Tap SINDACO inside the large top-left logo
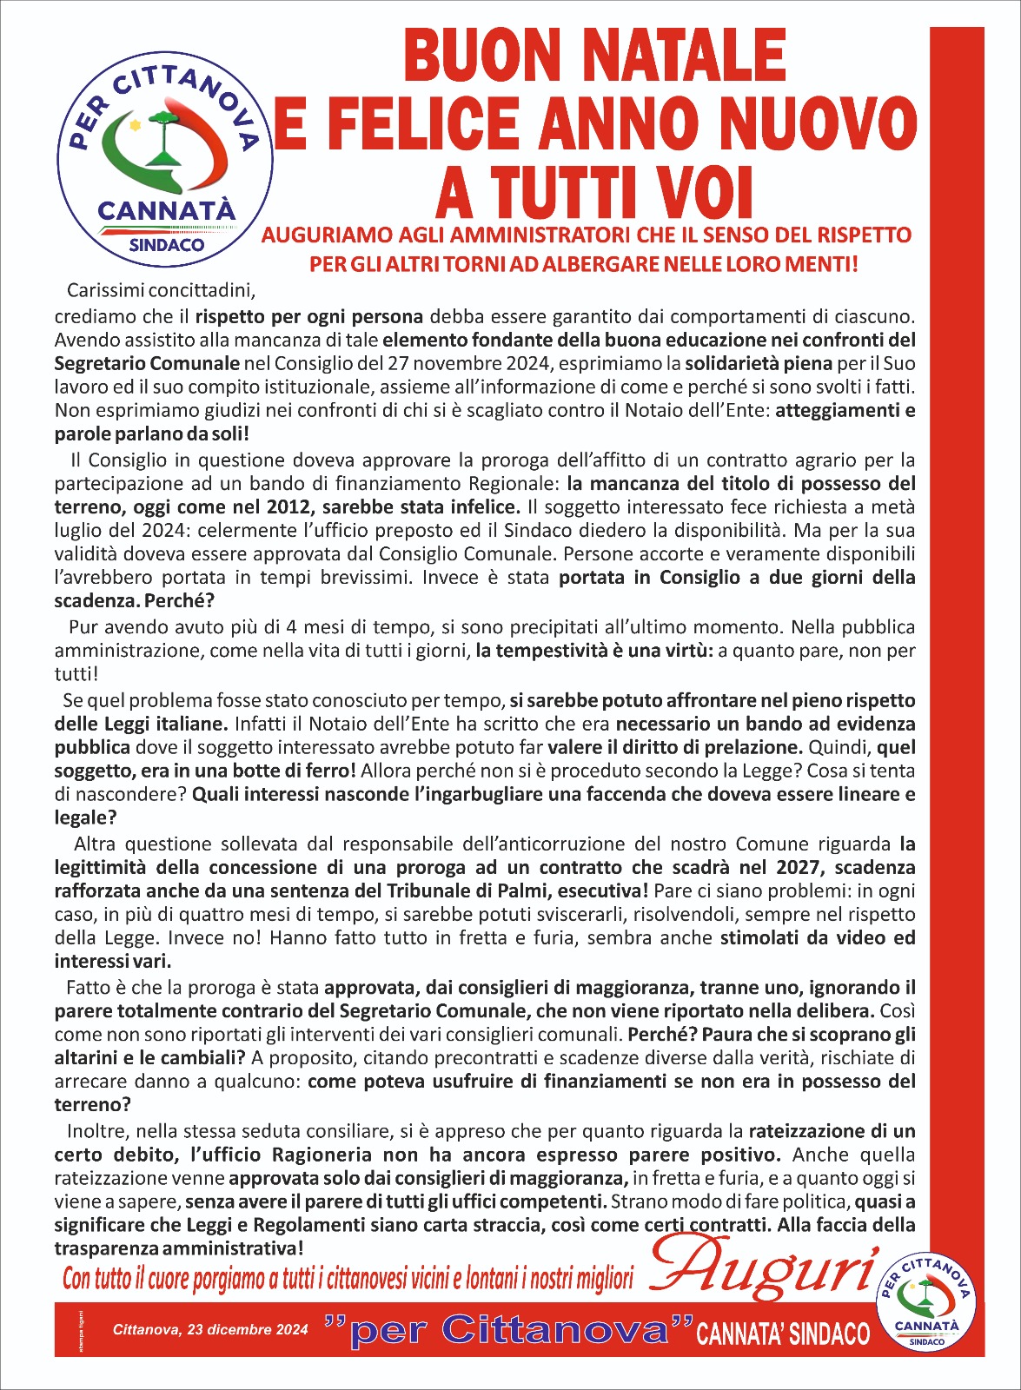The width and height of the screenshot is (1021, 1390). (x=166, y=246)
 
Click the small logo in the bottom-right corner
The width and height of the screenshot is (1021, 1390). (x=927, y=1301)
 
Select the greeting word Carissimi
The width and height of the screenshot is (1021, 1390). (x=104, y=289)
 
